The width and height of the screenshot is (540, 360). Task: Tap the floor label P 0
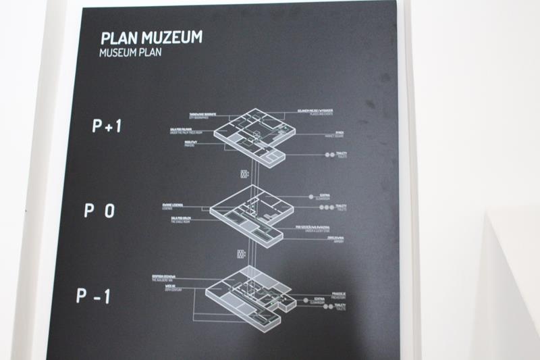pos(98,211)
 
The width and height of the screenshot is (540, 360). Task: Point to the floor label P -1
pos(93,297)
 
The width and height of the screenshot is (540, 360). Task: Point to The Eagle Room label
pos(178,220)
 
